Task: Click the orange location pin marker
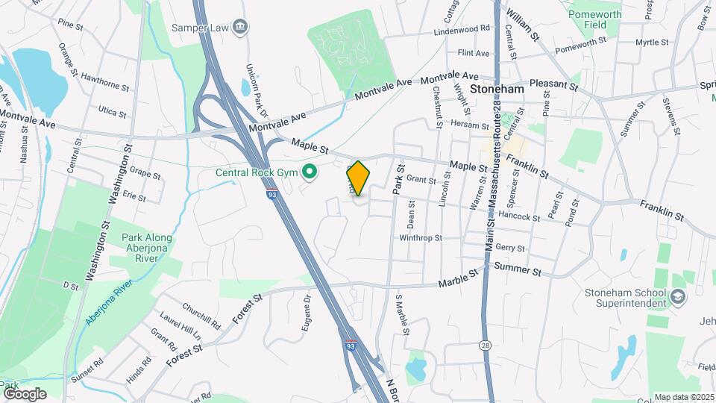tap(358, 178)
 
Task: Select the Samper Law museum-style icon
tap(240, 28)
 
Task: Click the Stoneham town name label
tap(497, 88)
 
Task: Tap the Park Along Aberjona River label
tap(147, 248)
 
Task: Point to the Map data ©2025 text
tap(684, 397)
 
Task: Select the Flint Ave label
tap(473, 53)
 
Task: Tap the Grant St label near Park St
tap(421, 179)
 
